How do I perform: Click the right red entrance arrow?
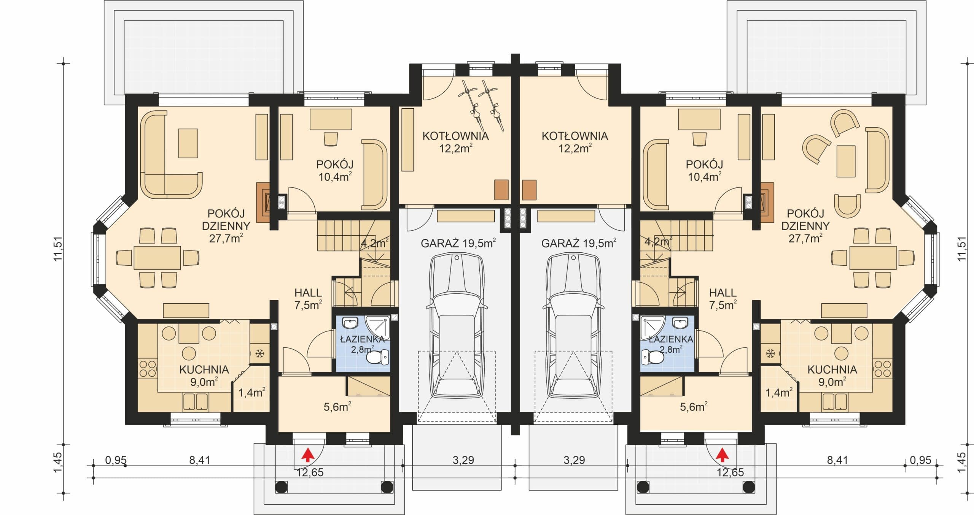tap(721, 455)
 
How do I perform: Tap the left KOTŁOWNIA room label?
tap(455, 136)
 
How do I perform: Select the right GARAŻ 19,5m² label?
tap(579, 243)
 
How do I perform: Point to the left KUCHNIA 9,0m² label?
tap(204, 376)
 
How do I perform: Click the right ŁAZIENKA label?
tap(671, 339)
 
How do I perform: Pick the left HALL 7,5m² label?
tap(308, 299)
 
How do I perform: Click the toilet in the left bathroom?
tap(378, 357)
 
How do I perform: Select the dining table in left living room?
tap(157, 258)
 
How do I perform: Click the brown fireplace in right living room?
tap(767, 202)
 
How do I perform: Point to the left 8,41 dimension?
tap(200, 460)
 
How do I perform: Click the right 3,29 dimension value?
tap(574, 460)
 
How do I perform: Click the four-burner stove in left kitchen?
tap(148, 369)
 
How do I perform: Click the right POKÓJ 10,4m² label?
tap(704, 170)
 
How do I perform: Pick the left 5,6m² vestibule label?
tap(337, 407)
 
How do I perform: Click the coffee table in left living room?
tap(188, 143)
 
